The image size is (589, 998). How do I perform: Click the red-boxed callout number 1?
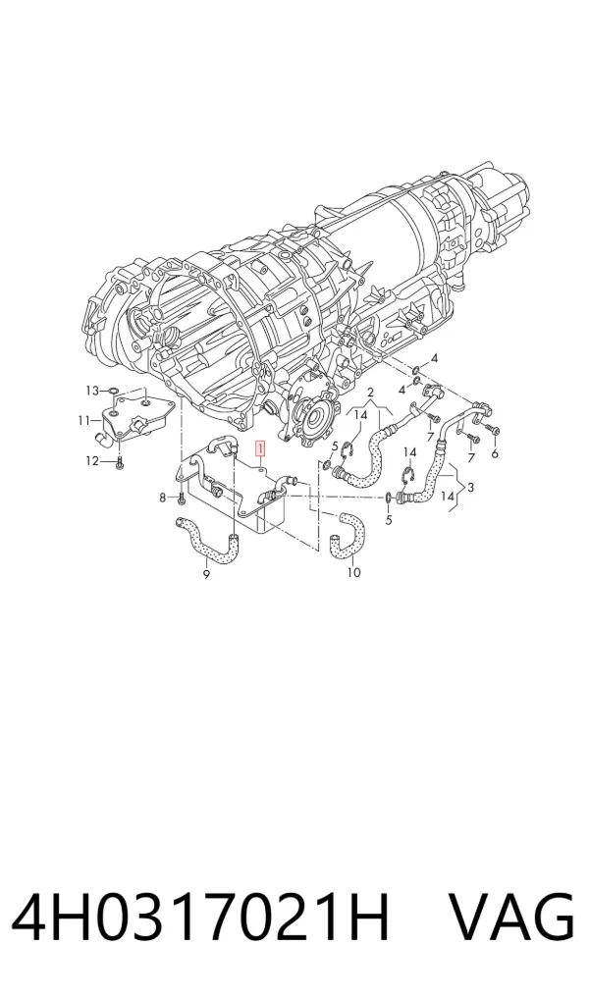260,449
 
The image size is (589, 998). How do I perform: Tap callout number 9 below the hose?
206,575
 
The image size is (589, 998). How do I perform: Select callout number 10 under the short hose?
354,572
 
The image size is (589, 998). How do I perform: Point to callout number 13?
93,391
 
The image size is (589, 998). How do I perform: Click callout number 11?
84,420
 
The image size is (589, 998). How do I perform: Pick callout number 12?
92,461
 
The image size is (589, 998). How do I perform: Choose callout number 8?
162,497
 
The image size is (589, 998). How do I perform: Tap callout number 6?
495,453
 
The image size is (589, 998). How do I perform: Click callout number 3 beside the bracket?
470,488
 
